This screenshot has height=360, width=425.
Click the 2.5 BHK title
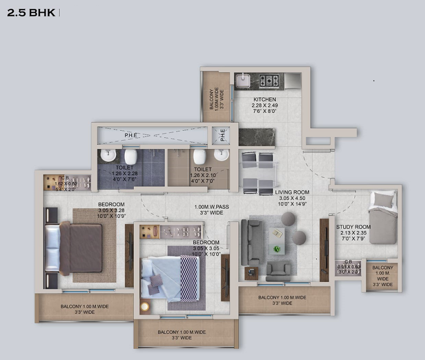[x=31, y=13]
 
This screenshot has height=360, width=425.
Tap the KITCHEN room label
[x=265, y=100]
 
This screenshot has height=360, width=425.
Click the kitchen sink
[x=243, y=81]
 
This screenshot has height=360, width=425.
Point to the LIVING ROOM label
[x=292, y=193]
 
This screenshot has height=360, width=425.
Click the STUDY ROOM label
[x=353, y=226]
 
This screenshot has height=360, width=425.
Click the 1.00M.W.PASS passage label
[x=212, y=207]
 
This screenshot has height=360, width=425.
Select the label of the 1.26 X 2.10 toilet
[x=203, y=169]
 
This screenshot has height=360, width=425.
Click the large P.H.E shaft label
[x=131, y=135]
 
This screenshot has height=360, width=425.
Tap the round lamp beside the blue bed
[x=145, y=306]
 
